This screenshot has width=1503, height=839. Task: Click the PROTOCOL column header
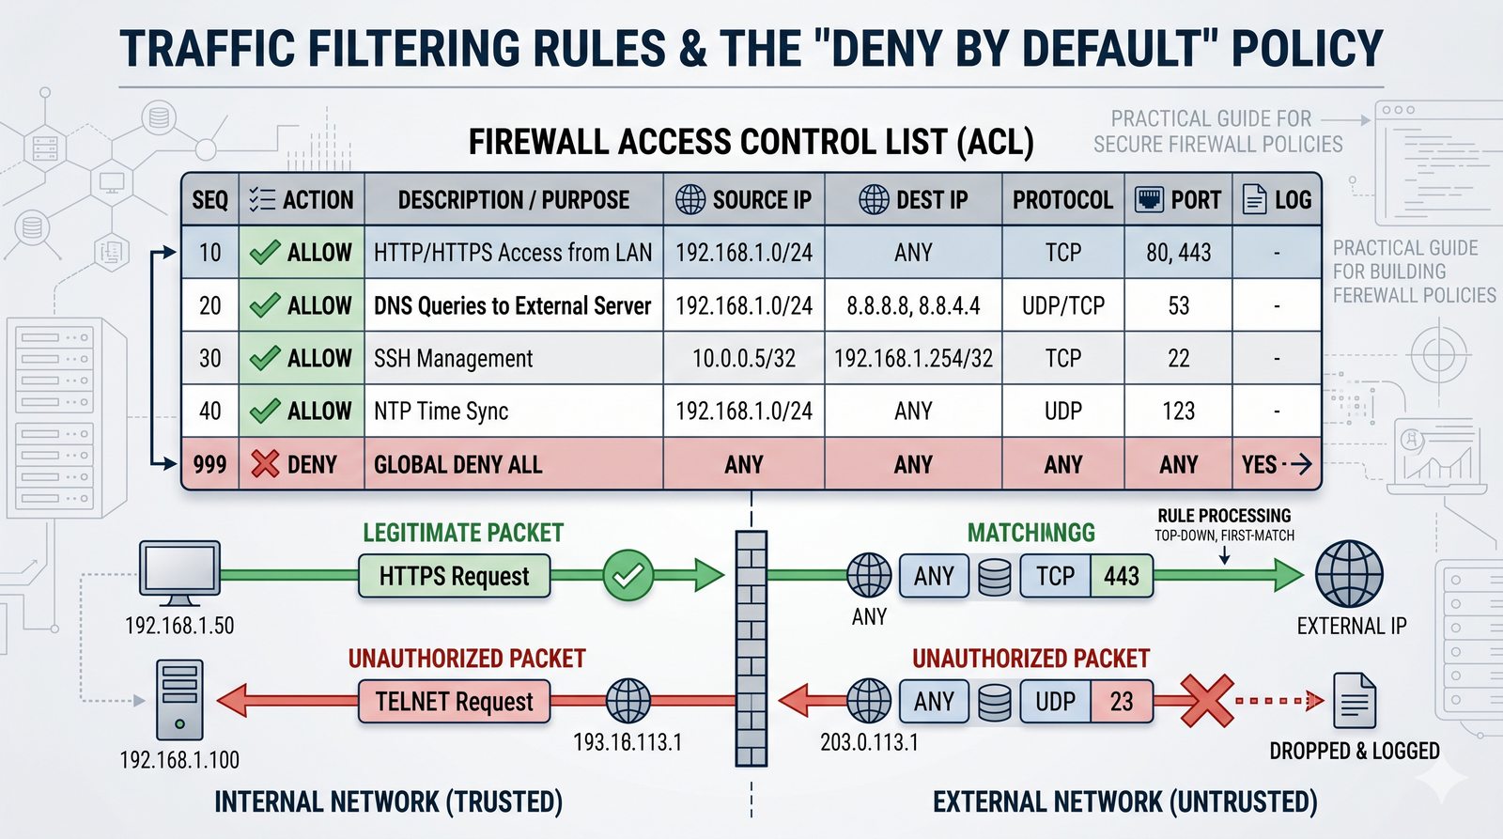[x=1062, y=200]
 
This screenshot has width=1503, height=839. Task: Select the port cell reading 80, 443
[x=1178, y=253]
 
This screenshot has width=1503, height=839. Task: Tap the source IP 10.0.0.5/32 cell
[x=743, y=358]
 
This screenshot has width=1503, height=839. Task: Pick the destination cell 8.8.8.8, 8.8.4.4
[x=913, y=305]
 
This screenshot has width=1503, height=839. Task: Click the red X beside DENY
[x=265, y=463]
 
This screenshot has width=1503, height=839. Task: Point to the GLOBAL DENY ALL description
[x=457, y=464]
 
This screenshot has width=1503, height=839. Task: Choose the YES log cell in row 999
[x=1260, y=464]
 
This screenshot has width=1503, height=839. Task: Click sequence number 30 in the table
[x=210, y=358]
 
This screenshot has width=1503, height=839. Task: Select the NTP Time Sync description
[x=441, y=411]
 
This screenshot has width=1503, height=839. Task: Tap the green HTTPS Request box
[x=454, y=576]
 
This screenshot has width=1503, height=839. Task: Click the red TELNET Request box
[x=454, y=701]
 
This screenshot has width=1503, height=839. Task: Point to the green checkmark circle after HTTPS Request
[x=628, y=575]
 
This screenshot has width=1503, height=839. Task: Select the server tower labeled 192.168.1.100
[x=179, y=699]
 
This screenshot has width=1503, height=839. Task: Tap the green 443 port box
[x=1121, y=576]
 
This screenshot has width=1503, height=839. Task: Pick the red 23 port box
[x=1121, y=701]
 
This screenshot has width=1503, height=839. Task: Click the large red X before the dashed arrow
[x=1205, y=701]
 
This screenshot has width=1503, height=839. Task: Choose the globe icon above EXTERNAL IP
[x=1348, y=574]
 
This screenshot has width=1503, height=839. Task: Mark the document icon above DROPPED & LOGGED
[x=1354, y=701]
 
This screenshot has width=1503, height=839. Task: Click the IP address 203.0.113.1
[x=869, y=742]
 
